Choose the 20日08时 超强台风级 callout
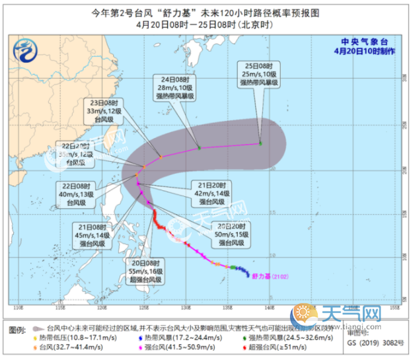146,271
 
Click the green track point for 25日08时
260,143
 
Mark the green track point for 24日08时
199,147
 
